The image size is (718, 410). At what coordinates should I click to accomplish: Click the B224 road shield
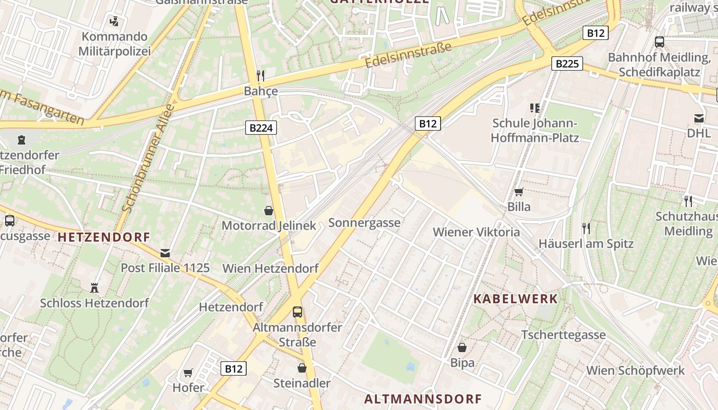click(x=261, y=128)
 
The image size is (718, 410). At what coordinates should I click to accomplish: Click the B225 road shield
click(x=567, y=64)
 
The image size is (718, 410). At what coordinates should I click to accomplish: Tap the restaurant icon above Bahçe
click(x=261, y=76)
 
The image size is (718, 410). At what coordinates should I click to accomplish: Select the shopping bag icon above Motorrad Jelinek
click(x=268, y=210)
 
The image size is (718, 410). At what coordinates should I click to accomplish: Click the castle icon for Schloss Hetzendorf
click(x=94, y=288)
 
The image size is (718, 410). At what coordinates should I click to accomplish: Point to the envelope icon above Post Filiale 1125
click(x=165, y=253)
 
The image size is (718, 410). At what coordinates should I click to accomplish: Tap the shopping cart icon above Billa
click(x=518, y=192)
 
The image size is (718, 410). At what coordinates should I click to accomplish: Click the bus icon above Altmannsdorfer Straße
click(x=297, y=312)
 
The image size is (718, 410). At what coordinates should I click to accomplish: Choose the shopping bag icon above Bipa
click(x=462, y=347)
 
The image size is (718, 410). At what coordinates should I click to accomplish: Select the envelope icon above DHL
click(x=699, y=118)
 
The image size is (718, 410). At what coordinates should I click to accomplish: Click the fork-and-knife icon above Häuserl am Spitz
click(x=586, y=228)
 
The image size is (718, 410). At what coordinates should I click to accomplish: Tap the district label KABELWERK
click(x=515, y=299)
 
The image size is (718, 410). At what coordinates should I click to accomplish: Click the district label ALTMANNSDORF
click(x=423, y=399)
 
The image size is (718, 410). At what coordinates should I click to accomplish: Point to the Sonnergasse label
click(x=364, y=222)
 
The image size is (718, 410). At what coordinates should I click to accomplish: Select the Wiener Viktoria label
click(x=476, y=232)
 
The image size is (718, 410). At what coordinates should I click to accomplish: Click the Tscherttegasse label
click(x=563, y=335)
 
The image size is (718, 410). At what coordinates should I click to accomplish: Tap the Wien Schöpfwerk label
click(x=635, y=370)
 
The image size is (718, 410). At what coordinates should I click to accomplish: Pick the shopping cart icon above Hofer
click(x=188, y=373)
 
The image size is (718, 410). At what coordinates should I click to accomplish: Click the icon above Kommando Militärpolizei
click(x=114, y=21)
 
